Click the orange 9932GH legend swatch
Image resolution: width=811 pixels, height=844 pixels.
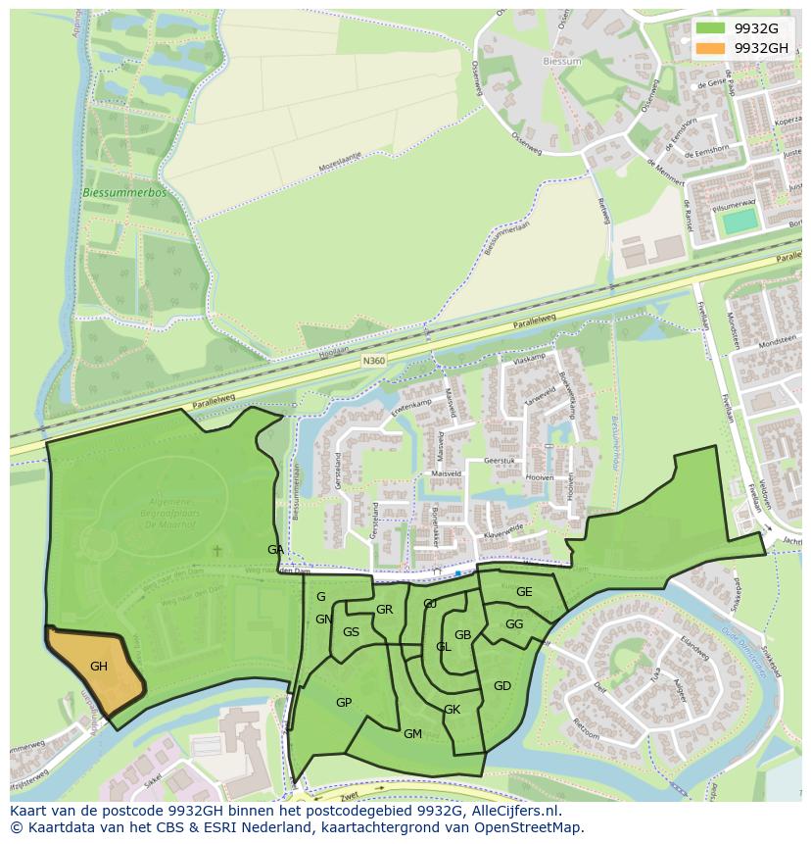712,48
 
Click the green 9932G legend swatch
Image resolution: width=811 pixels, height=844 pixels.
712,28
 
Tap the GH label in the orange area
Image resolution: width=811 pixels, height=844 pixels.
99,667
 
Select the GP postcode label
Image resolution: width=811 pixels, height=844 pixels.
344,703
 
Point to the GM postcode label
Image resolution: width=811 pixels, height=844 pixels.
412,734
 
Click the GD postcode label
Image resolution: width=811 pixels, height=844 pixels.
502,686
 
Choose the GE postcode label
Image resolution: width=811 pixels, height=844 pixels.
524,592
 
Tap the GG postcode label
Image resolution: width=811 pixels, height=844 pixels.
514,624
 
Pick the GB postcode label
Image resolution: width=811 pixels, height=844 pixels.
463,635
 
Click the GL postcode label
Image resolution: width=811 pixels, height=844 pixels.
444,647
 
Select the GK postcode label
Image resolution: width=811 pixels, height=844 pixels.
452,710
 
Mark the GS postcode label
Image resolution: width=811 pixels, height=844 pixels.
351,632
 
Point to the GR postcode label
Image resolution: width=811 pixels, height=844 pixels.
384,610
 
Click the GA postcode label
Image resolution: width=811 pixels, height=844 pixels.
275,550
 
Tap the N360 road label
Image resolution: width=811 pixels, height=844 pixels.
374,362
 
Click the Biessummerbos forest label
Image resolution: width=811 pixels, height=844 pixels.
124,193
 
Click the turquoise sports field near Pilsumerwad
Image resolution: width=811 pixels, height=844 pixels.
740,221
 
